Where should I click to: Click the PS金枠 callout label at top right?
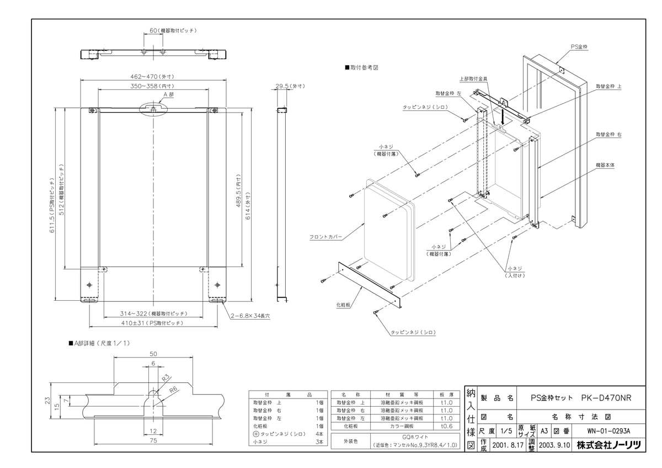point(579,48)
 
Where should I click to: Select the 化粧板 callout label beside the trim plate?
point(344,304)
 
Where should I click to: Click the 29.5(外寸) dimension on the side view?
point(289,86)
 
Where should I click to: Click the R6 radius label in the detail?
point(173,390)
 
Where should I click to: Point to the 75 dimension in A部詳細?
point(154,440)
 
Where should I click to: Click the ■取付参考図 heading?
point(361,67)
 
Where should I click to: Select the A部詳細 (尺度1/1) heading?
point(99,343)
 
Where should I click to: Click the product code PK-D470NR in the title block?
point(606,397)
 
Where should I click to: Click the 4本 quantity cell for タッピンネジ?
point(319,434)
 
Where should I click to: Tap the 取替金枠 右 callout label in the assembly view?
point(608,134)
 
